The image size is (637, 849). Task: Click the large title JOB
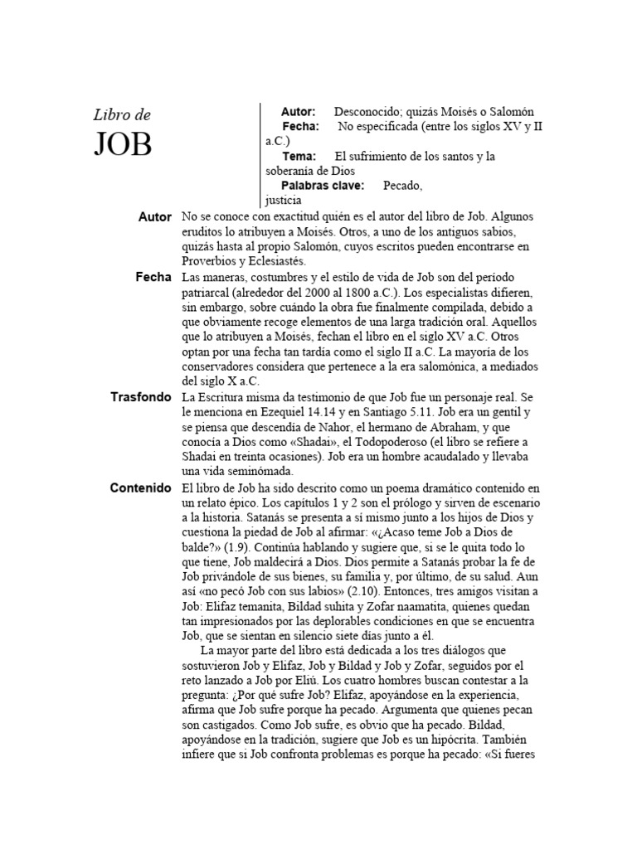[x=123, y=144]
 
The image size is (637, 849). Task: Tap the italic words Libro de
[x=122, y=114]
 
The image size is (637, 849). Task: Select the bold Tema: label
[x=299, y=156]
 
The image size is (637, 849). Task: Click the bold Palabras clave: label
[x=323, y=186]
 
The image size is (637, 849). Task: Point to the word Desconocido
[x=369, y=111]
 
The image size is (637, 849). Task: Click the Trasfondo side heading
[x=141, y=397]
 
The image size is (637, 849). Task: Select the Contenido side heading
[x=141, y=488]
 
